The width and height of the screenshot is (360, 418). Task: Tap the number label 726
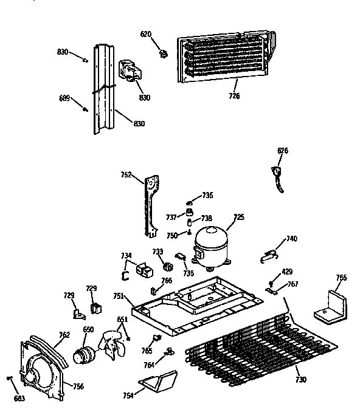point(234,95)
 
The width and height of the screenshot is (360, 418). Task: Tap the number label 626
point(283,151)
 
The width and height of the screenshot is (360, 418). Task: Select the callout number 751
point(119,296)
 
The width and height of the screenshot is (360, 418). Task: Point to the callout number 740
point(292,239)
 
